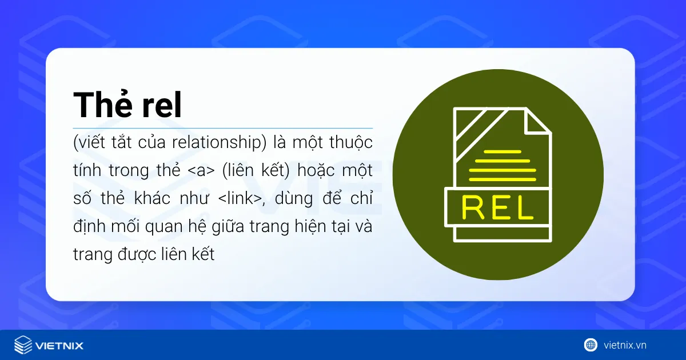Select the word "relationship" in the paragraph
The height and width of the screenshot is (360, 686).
(x=220, y=142)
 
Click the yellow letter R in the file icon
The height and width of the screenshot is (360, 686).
(x=473, y=209)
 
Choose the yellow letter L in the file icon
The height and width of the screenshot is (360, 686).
(x=523, y=209)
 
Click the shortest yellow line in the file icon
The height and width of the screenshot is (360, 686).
(x=501, y=151)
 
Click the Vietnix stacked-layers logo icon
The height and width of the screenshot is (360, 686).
(x=23, y=345)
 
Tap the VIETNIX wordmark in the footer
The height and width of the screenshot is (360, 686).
(x=59, y=346)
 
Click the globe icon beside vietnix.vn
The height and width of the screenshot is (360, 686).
(x=591, y=345)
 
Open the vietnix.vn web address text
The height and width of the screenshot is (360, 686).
(x=625, y=345)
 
